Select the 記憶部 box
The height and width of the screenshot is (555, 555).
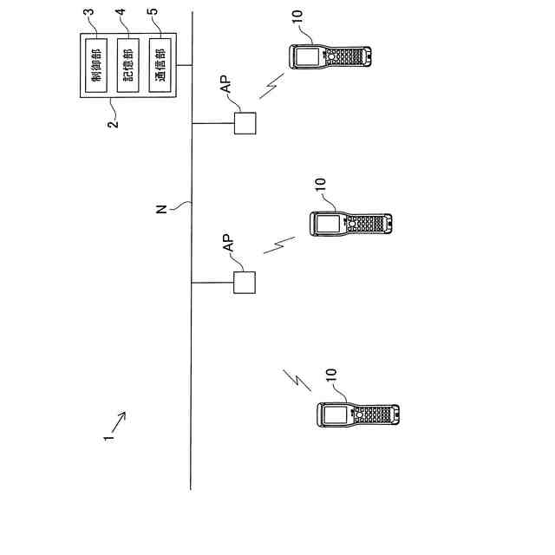click(x=127, y=66)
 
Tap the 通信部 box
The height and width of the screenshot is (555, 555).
click(x=159, y=66)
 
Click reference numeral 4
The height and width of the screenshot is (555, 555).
click(x=121, y=16)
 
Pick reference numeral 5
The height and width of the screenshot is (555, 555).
click(x=154, y=16)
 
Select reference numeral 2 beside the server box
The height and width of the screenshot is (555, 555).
click(x=112, y=122)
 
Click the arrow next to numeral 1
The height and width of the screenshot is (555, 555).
click(x=119, y=421)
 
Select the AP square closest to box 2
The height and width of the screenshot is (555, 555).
click(x=245, y=123)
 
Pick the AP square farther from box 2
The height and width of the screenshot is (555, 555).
click(x=245, y=284)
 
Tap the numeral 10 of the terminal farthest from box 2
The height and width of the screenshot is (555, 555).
click(x=330, y=379)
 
